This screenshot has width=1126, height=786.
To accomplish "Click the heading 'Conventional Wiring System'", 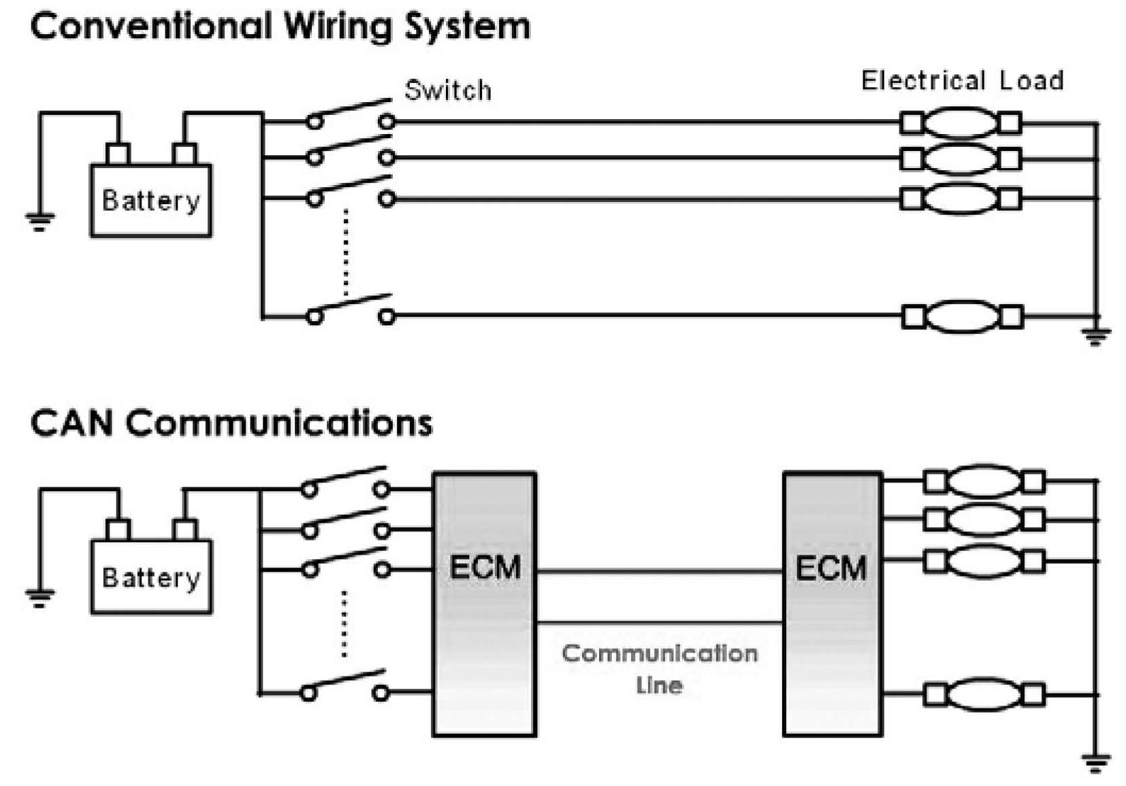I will [280, 27].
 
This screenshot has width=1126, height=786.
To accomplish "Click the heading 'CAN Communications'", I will [231, 423].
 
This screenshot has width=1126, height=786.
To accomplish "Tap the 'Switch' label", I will [447, 91].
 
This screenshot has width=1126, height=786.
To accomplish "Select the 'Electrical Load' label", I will [962, 81].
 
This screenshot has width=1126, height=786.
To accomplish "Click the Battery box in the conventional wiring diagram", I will [150, 201].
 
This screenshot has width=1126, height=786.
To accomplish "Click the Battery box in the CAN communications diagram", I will [151, 577].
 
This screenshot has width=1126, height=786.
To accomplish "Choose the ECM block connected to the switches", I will [485, 604].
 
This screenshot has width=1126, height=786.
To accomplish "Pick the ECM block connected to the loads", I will [832, 604].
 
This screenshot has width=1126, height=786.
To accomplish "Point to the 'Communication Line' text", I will [659, 668].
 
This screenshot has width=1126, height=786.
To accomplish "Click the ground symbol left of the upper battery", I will [39, 220].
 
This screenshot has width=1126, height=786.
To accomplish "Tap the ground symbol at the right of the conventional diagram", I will [1095, 336].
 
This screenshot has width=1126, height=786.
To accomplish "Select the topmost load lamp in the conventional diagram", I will [961, 123].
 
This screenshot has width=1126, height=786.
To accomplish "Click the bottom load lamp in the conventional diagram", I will [962, 317].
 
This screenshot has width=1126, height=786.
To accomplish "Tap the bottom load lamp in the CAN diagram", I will [984, 695].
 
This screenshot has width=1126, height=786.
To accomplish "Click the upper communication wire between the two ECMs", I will [659, 572].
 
